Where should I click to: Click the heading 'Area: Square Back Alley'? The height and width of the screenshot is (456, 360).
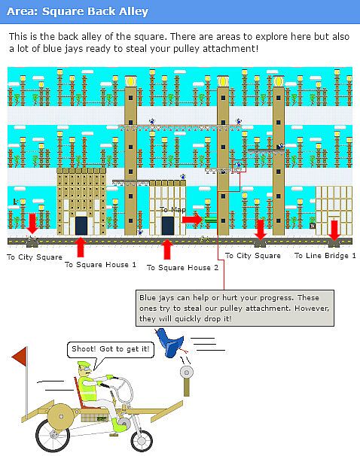point(78,11)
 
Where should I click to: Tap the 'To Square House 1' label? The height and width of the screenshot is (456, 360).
point(100,265)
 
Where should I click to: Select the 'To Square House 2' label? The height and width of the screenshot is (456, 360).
point(182,268)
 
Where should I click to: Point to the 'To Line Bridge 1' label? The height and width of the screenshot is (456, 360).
point(325,256)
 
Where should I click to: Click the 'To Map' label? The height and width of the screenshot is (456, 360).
point(172,209)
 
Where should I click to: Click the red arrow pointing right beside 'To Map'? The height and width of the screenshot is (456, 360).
point(192,219)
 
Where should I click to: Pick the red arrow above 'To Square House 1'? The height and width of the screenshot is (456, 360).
point(81,248)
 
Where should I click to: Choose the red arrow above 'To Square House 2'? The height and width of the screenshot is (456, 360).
point(167,249)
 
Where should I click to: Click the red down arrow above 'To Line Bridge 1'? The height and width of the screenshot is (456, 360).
point(334,230)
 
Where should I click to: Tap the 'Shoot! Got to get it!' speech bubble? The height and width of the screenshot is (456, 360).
point(111,350)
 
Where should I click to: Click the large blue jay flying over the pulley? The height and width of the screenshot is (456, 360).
point(170,342)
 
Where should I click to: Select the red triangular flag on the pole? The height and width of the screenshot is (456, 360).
point(20,357)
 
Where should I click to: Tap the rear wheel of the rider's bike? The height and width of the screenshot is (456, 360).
point(53,435)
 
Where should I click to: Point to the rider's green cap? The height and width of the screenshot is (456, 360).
point(84,364)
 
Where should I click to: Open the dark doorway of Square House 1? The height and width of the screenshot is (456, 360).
point(81,226)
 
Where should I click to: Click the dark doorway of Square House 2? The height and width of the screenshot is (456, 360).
point(168,226)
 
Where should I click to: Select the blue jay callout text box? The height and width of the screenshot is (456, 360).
point(235,308)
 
